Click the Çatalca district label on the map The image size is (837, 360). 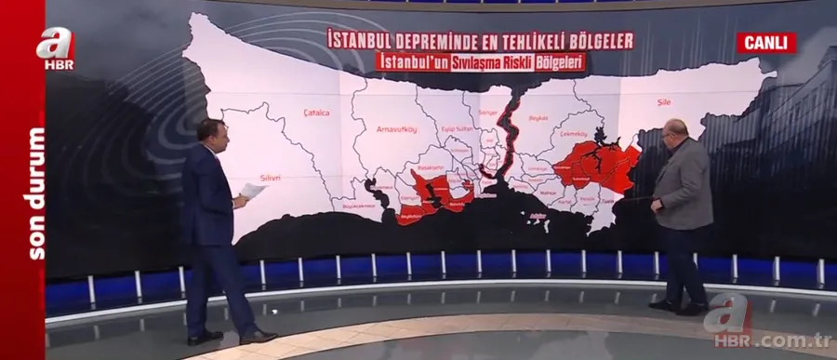[x=317, y=113]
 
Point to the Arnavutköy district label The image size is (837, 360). [x=395, y=130]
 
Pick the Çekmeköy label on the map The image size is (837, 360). [x=569, y=135]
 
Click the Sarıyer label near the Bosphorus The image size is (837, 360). [x=488, y=113]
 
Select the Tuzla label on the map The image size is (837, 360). [x=606, y=200]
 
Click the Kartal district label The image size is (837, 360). [x=565, y=199]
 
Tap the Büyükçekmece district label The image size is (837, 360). [x=354, y=205]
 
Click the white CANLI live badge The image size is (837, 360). [x=765, y=42]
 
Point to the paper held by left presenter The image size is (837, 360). [x=252, y=192]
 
